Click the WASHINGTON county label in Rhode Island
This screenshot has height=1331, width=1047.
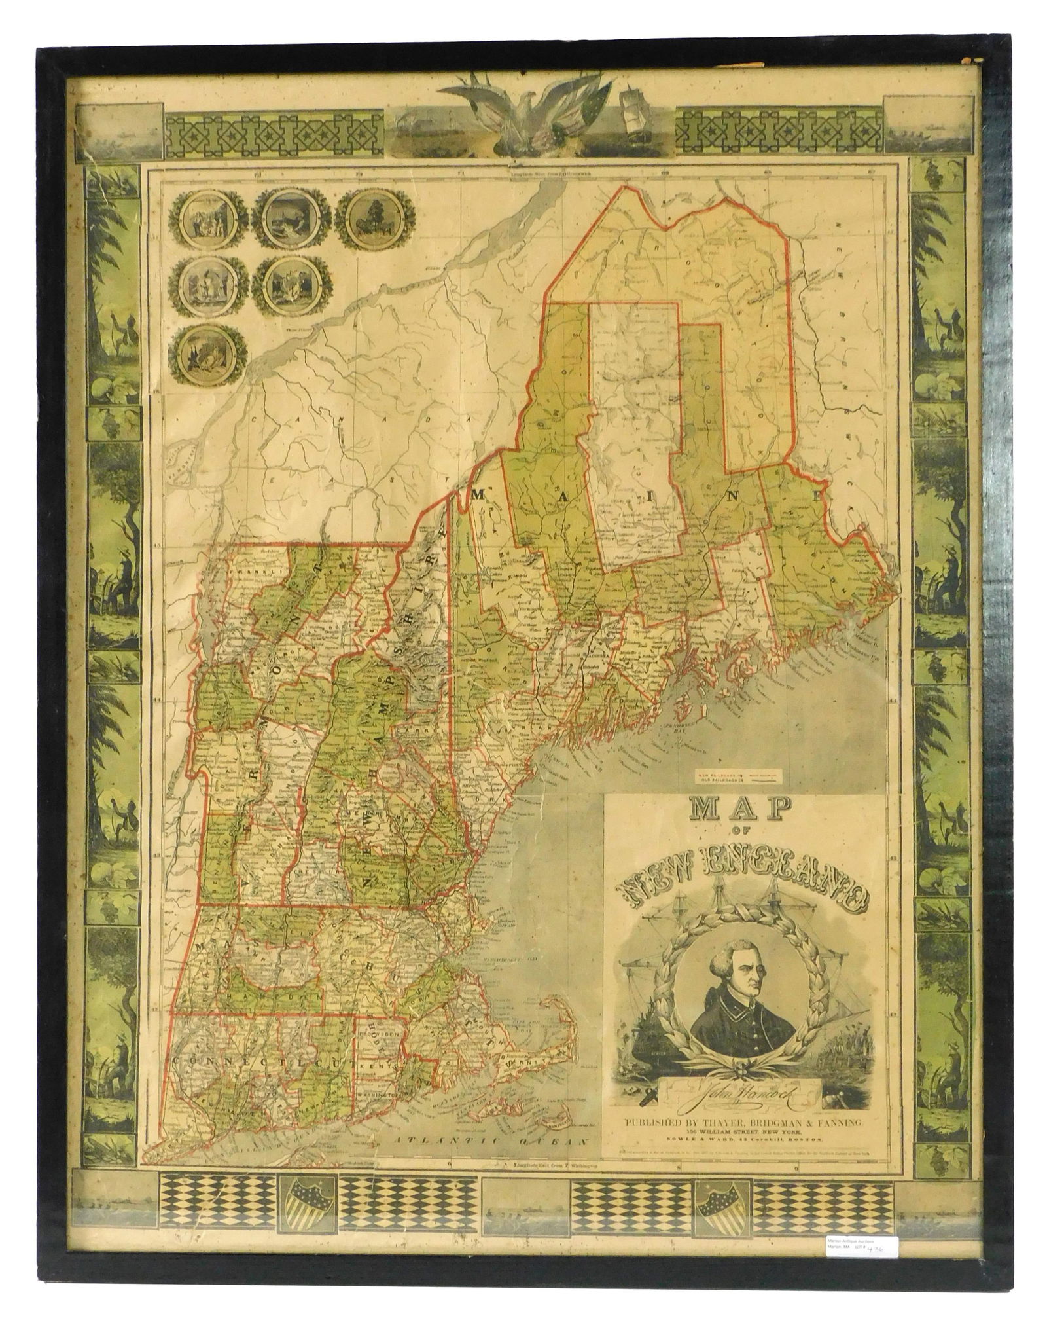pyautogui.click(x=378, y=1113)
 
